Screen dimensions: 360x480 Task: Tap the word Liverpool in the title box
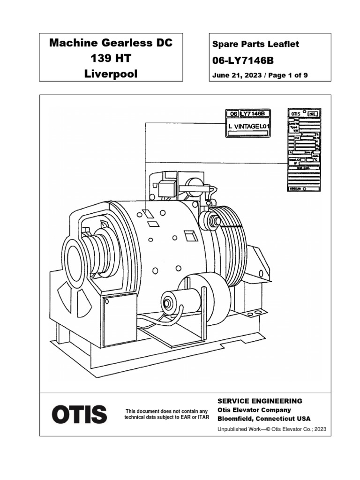coord(111,74)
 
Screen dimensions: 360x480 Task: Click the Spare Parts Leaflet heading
coord(255,45)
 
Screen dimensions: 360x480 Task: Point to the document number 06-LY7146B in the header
coord(243,60)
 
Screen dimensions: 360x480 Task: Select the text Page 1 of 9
coord(286,75)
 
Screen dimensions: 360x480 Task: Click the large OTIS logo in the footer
coord(79,414)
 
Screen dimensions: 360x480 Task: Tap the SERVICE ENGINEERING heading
coord(260,401)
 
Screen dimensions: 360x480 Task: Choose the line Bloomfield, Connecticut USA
coord(263,419)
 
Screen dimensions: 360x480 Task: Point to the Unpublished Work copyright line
coord(272,429)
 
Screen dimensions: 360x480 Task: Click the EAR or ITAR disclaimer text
coord(166,414)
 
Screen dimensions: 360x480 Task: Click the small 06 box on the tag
coord(232,114)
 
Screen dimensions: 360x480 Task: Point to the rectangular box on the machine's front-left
coord(120,320)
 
